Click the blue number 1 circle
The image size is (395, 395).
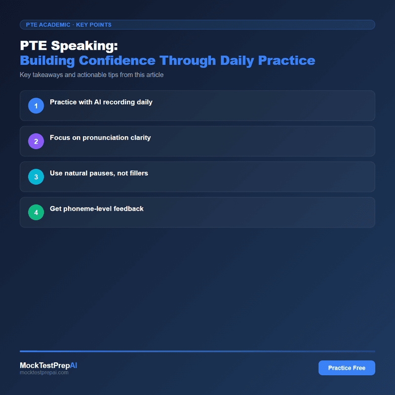(36, 106)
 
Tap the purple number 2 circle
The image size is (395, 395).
(36, 141)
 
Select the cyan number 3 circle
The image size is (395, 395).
(36, 177)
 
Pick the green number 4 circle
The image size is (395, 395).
(36, 212)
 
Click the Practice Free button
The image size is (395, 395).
(347, 368)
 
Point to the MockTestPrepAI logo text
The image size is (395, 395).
(48, 365)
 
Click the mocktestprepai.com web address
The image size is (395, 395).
(44, 373)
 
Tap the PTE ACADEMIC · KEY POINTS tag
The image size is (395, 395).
(69, 25)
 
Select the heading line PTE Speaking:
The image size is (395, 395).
(69, 46)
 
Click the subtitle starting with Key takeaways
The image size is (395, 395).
(91, 75)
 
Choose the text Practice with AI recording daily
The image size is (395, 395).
(101, 102)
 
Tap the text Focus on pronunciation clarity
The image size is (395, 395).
(100, 138)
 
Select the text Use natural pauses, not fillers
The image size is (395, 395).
(99, 173)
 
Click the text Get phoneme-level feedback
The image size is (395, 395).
(97, 209)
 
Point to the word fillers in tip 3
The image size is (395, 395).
(137, 173)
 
